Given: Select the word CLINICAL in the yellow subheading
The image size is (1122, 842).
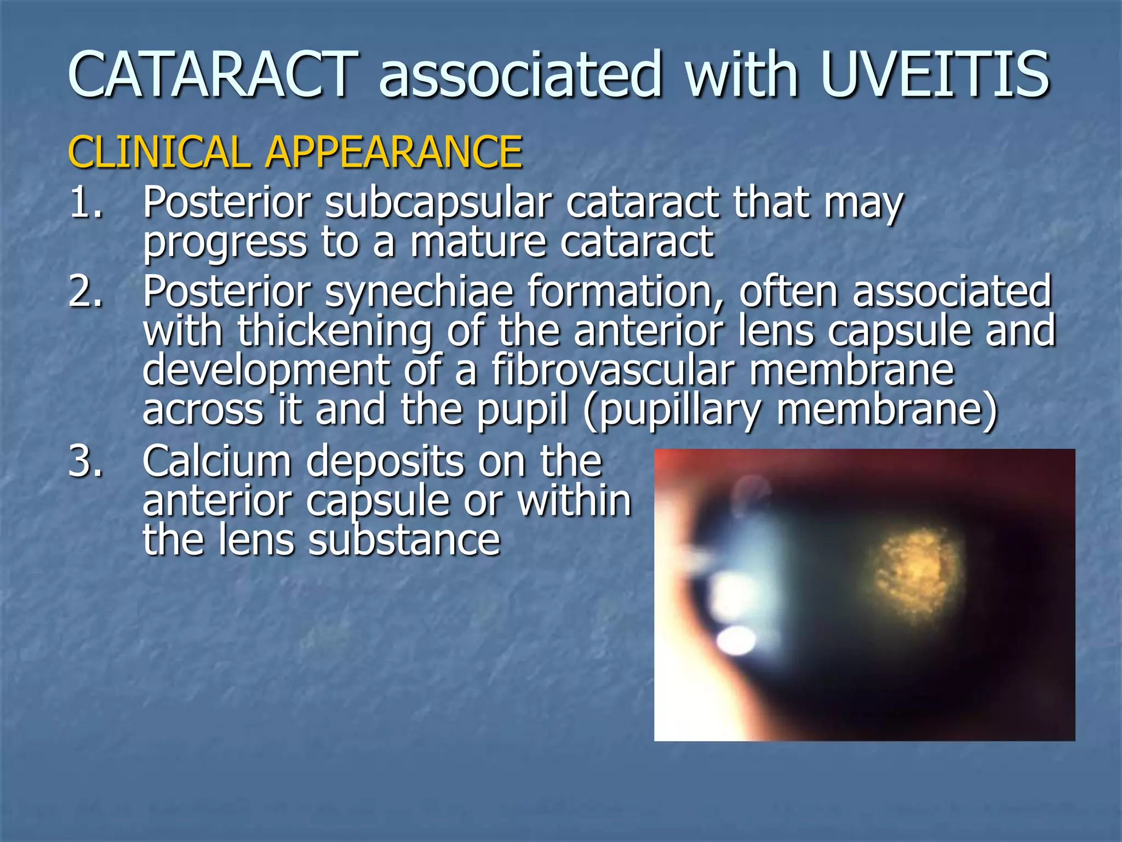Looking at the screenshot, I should pyautogui.click(x=158, y=152).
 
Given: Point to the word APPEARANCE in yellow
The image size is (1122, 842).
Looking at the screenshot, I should pyautogui.click(x=393, y=152).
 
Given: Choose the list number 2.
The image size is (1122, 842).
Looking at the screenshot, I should pyautogui.click(x=85, y=291).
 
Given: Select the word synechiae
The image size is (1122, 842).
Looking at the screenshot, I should pyautogui.click(x=419, y=292).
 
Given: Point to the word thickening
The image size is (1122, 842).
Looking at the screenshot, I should pyautogui.click(x=334, y=331).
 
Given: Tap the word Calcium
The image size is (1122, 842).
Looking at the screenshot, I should pyautogui.click(x=217, y=462).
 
